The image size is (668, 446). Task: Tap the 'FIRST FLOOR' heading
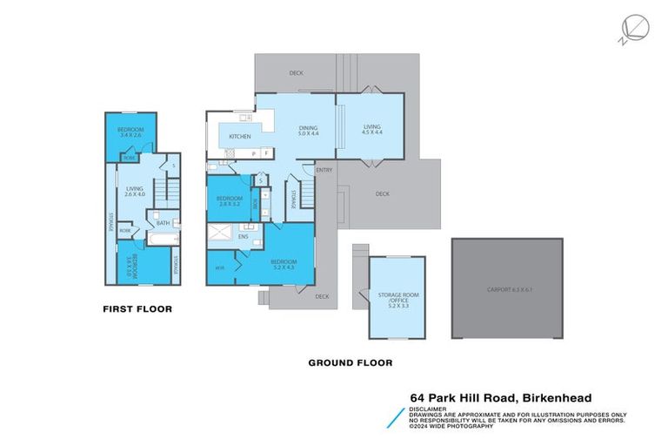[137, 308]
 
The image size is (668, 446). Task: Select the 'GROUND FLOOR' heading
[351, 362]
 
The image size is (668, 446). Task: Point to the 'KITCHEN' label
[239, 137]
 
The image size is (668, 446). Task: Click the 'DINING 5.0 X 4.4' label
[309, 132]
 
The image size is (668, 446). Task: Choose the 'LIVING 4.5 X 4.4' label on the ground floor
[371, 132]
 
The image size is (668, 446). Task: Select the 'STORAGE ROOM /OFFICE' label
[397, 298]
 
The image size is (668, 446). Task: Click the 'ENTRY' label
[324, 171]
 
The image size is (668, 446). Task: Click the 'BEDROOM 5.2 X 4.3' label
[284, 265]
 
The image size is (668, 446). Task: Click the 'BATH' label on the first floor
[163, 223]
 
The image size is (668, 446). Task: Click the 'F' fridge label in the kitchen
[265, 153]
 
